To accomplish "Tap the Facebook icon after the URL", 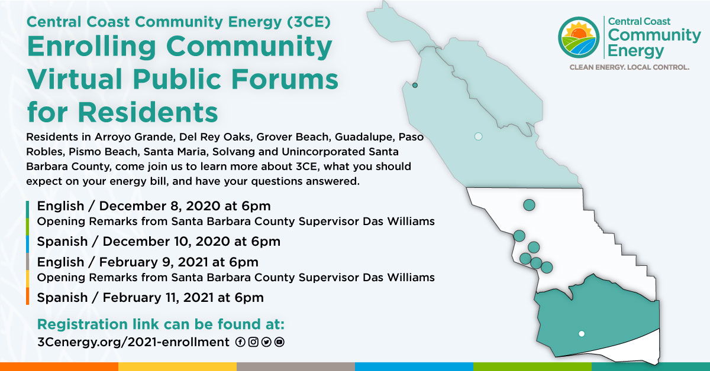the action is [240, 342].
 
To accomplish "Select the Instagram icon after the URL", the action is [253, 342].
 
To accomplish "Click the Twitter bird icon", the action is [266, 342].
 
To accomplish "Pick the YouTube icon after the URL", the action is [279, 342].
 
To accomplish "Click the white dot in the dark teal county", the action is [581, 334].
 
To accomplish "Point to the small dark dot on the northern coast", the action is [415, 85].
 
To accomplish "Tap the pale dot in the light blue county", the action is [478, 136].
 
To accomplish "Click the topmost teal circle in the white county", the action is [529, 205].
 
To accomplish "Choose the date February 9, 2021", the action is [154, 262].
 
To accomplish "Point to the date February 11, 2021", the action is [158, 298].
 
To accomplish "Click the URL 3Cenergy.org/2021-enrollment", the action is [133, 342].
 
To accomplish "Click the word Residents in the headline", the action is [148, 112].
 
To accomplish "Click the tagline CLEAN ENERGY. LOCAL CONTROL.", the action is [629, 67].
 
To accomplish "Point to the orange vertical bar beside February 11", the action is [28, 296].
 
